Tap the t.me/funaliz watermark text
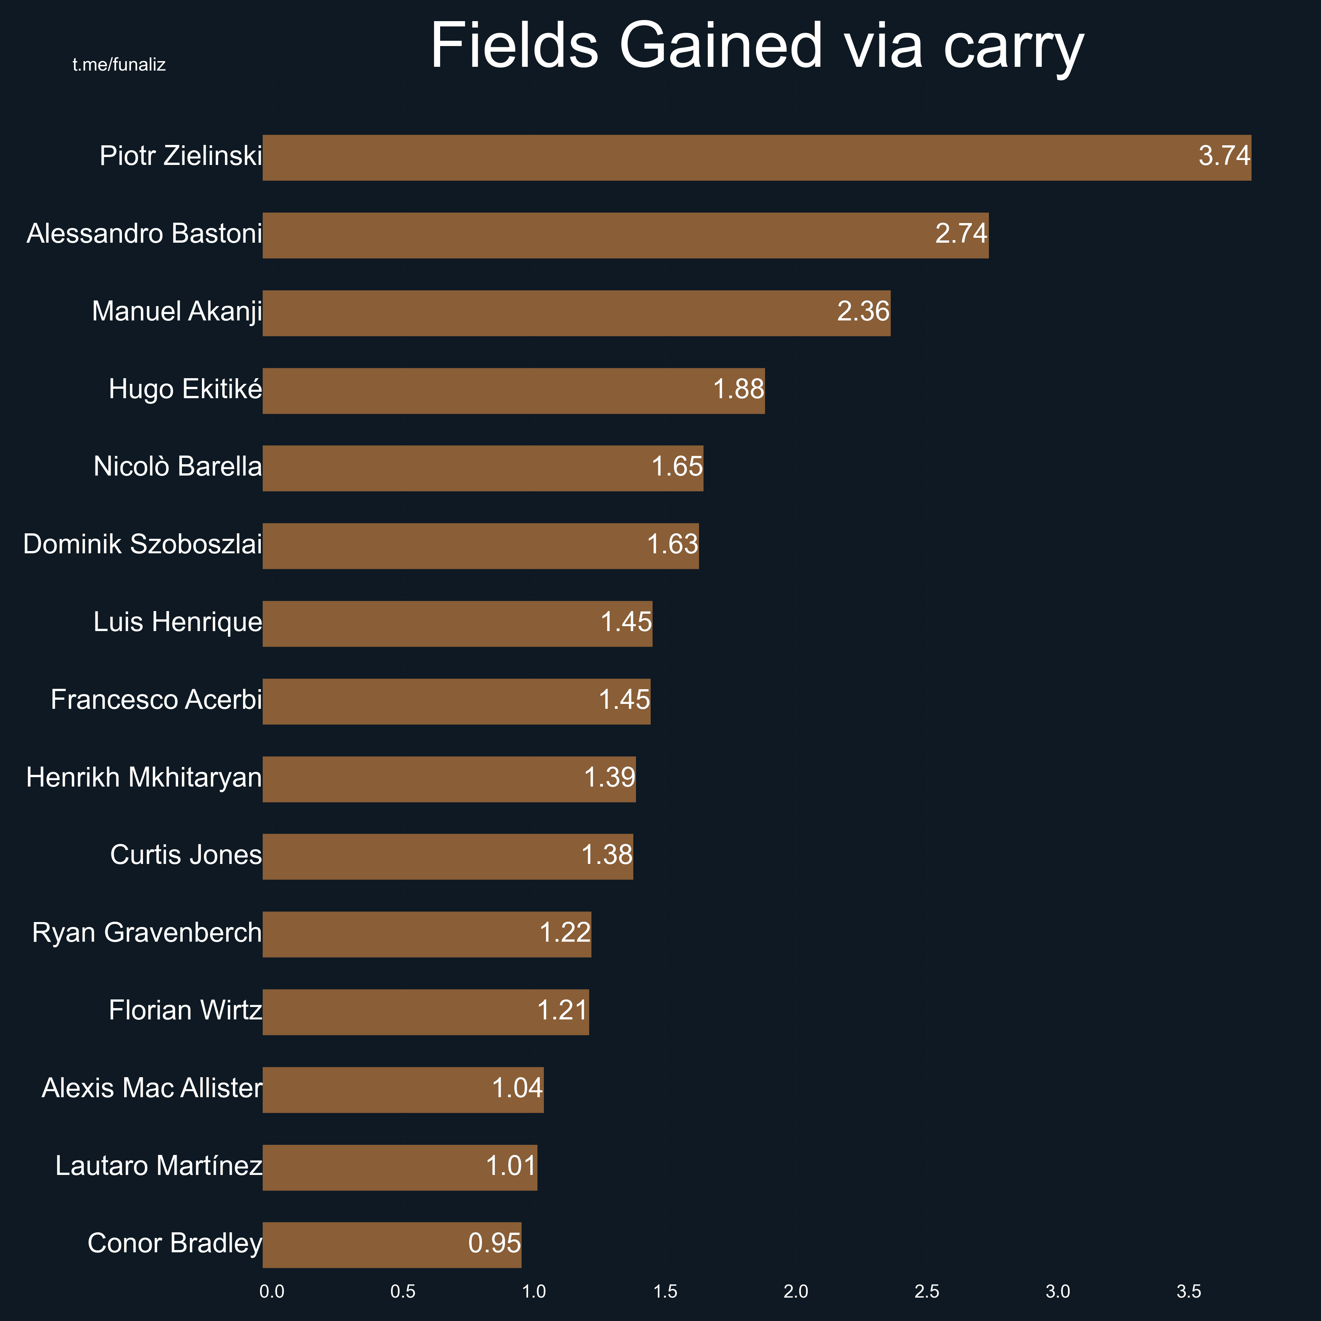(x=119, y=65)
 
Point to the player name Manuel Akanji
(x=177, y=312)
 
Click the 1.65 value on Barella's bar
(x=677, y=467)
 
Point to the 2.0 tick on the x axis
(x=796, y=1292)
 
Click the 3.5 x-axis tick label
(x=1189, y=1292)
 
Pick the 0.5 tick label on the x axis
(x=403, y=1292)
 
